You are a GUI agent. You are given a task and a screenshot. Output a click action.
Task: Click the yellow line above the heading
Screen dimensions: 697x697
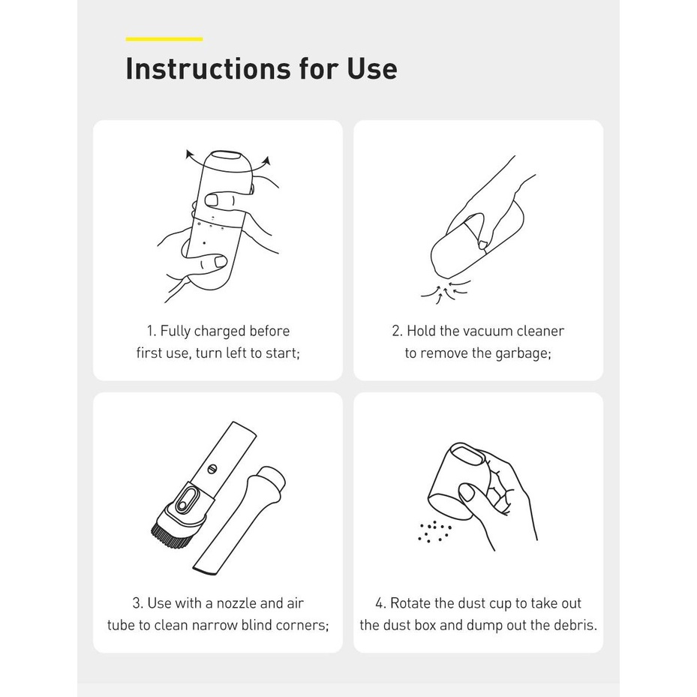click(164, 39)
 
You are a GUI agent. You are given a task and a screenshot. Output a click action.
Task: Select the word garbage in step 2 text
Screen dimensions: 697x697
click(521, 353)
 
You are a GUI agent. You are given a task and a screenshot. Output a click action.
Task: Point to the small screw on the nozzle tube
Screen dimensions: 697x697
click(212, 468)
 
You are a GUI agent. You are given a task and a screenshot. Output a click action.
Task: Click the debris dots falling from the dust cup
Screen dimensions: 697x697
click(434, 532)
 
